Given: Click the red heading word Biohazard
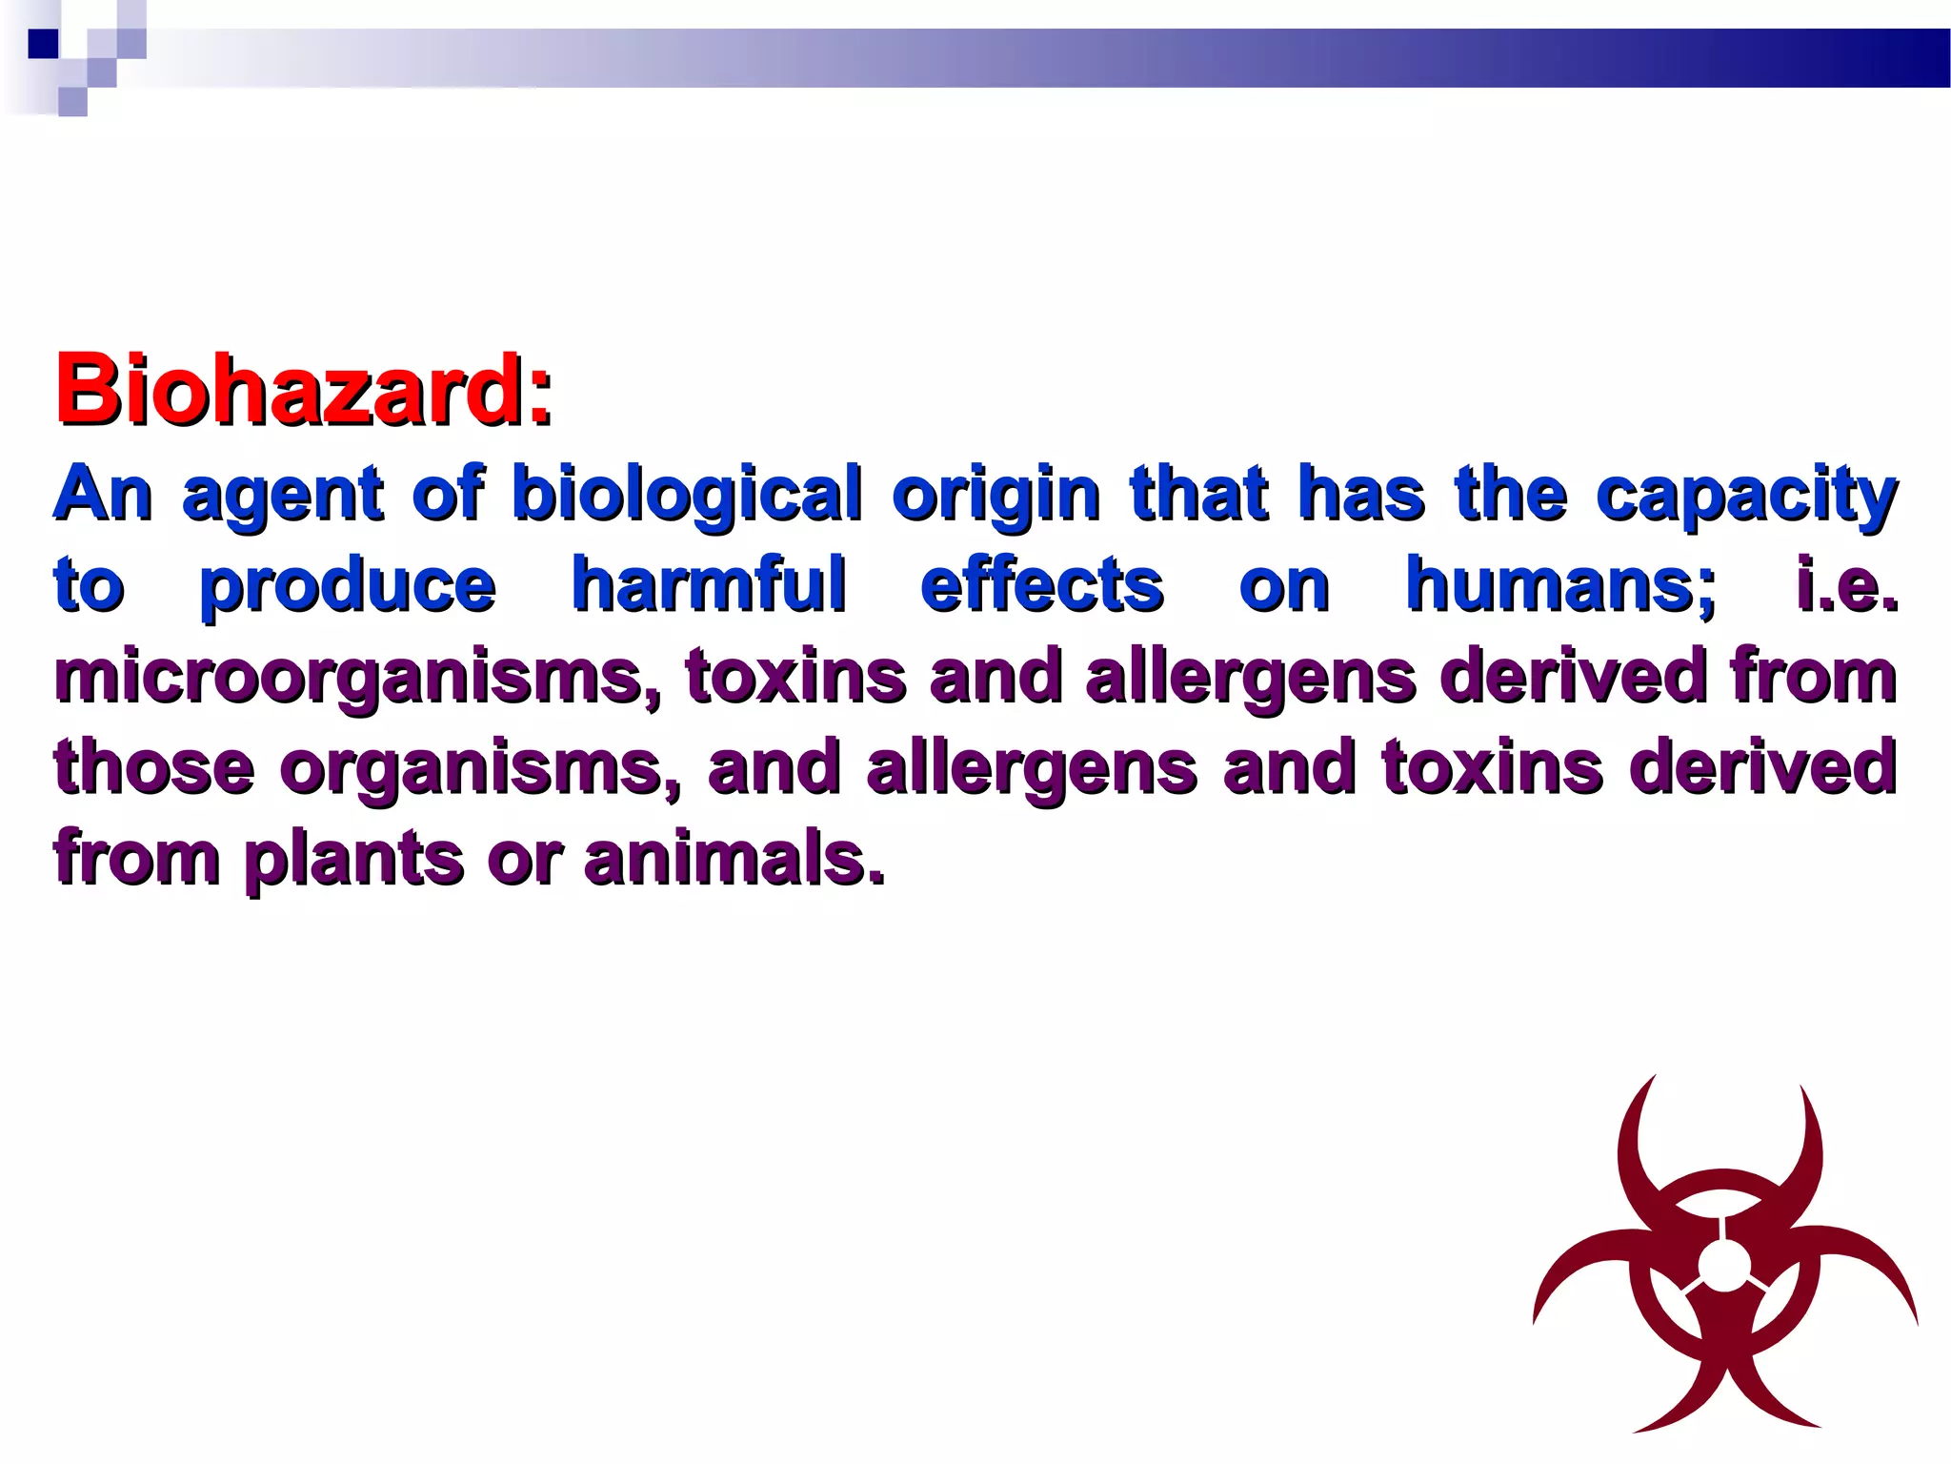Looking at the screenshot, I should point(303,391).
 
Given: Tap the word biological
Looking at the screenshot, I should point(686,496).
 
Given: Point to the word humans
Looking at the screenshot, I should point(1559,585).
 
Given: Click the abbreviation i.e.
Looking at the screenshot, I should point(1846,585).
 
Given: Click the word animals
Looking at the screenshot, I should point(734,858).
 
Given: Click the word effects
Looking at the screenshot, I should point(1041,585).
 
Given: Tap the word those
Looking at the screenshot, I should point(154,768).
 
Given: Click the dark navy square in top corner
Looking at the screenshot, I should point(44,44).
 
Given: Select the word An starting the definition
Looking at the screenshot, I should point(103,496).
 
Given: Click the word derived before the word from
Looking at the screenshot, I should point(1573,677).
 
